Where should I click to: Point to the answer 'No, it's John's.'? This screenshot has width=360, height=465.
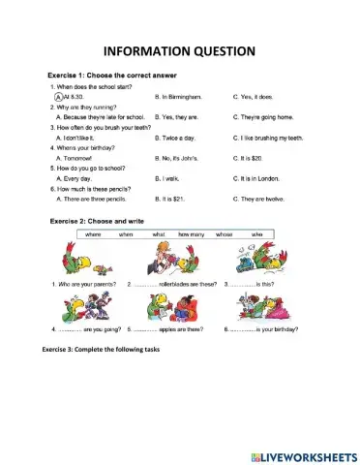click(180, 158)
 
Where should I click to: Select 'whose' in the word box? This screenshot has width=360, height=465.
click(225, 234)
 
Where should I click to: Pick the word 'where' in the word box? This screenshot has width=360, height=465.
click(94, 234)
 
